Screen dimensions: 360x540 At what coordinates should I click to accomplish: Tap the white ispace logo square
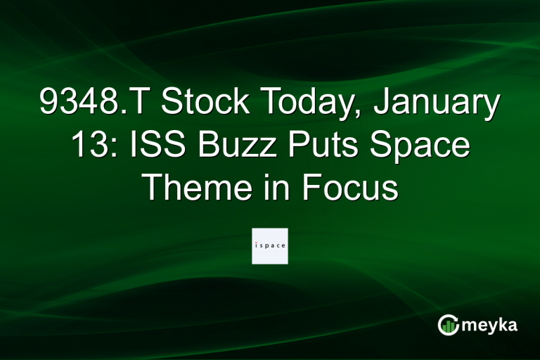point(270,245)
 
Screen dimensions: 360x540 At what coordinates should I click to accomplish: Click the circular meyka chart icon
point(448,324)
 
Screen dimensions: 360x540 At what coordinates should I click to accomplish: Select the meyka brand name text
point(492,325)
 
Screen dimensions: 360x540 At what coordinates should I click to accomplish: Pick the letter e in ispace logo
point(283,246)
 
